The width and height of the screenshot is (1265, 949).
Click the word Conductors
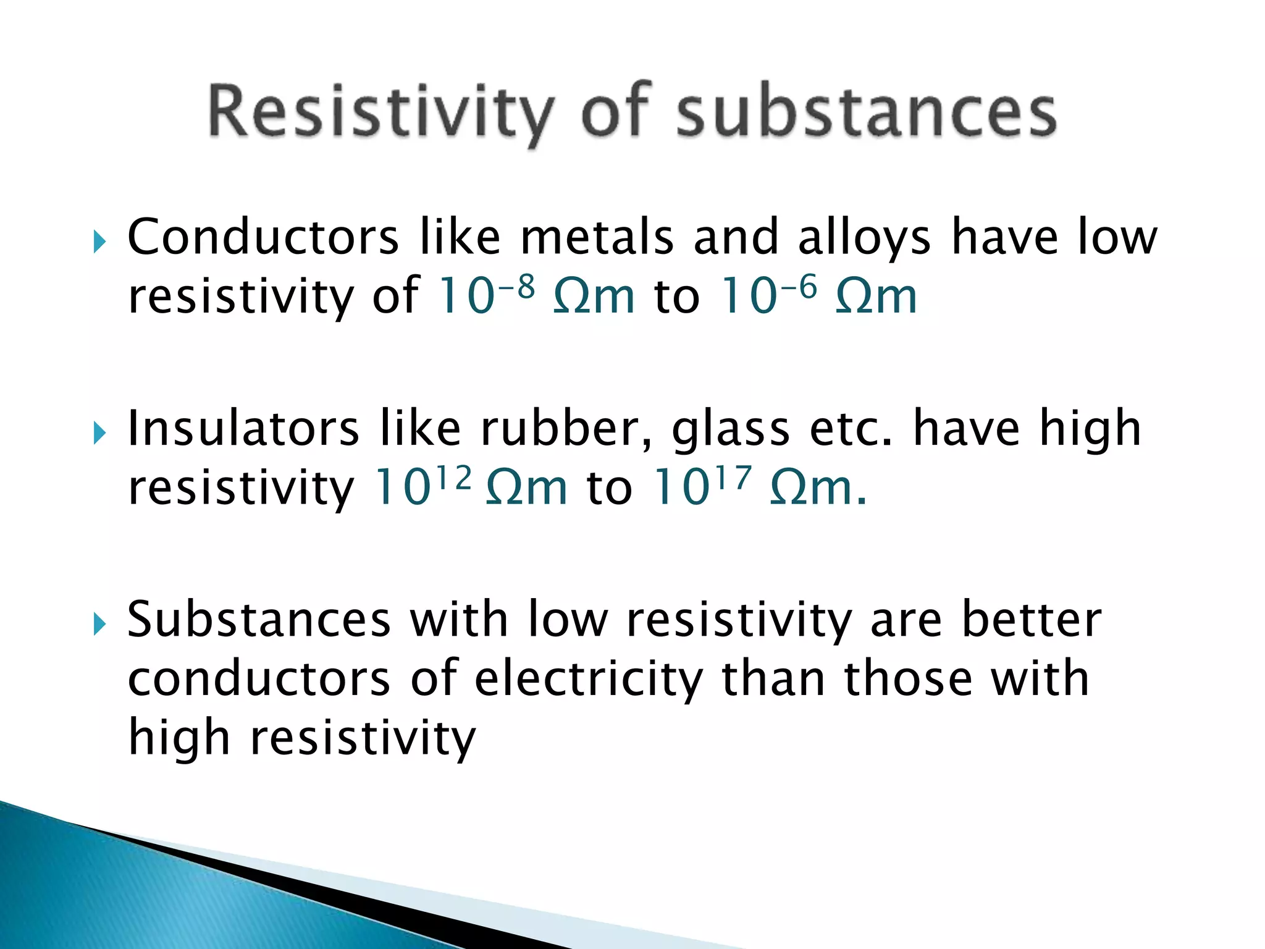263,237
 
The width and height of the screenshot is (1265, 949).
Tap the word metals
597,237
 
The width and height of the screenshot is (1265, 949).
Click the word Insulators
243,429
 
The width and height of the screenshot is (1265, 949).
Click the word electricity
589,680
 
